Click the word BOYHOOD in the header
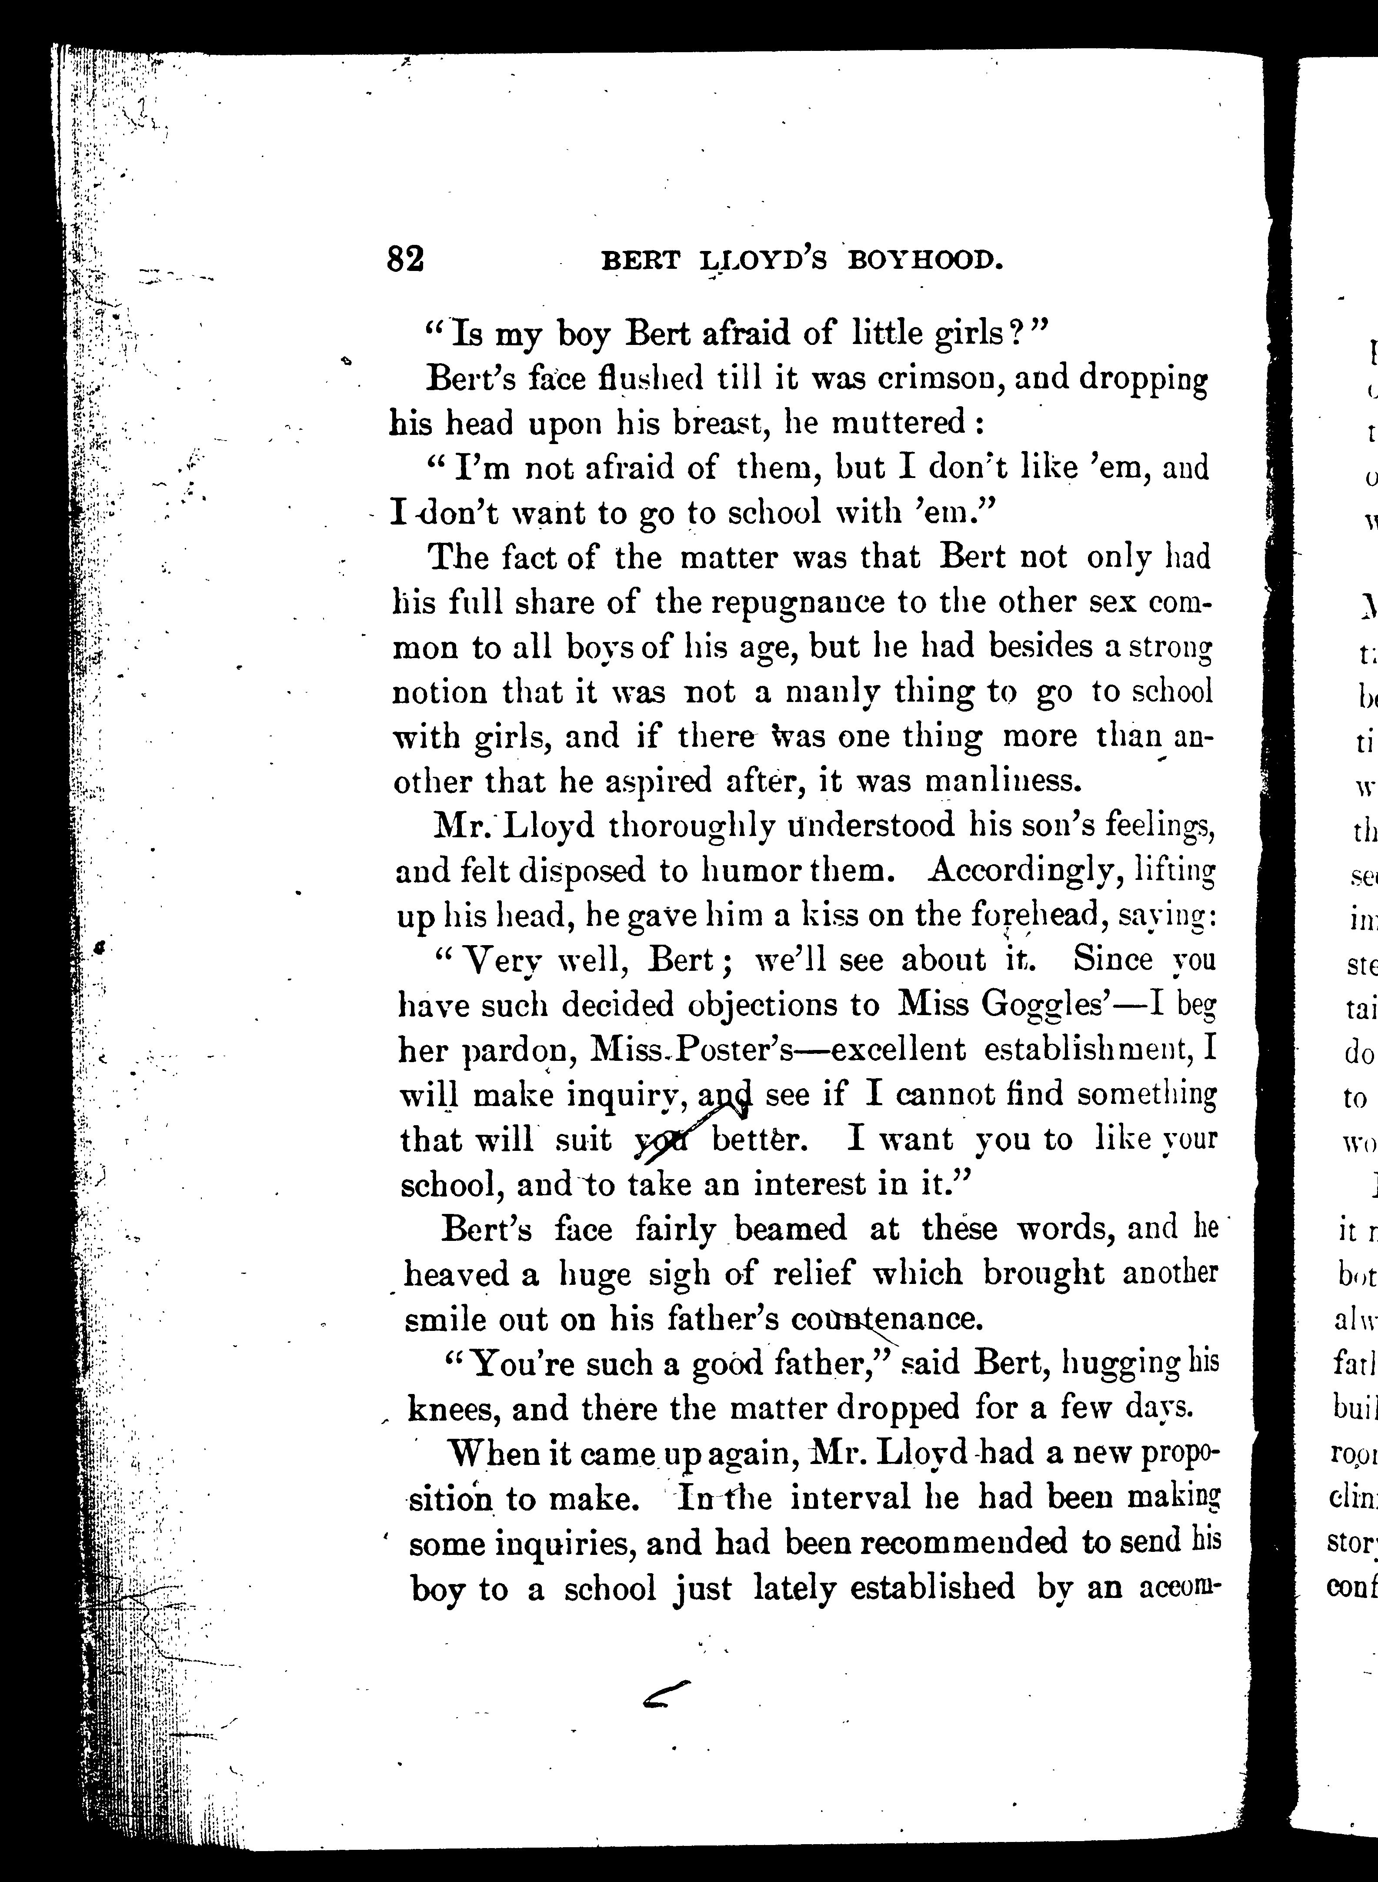(924, 261)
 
